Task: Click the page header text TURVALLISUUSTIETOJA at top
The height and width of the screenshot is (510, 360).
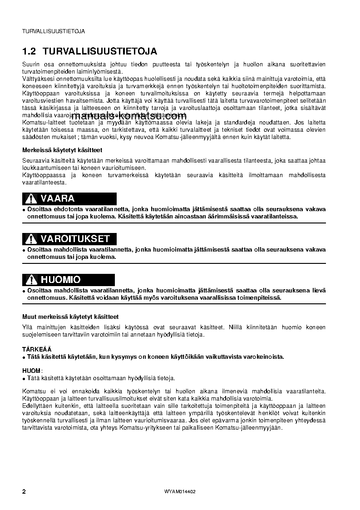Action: click(53, 31)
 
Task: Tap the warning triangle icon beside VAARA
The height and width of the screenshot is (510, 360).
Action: click(30, 199)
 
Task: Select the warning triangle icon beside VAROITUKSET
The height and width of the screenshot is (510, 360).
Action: click(30, 239)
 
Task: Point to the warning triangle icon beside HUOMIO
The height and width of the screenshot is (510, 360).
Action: click(30, 280)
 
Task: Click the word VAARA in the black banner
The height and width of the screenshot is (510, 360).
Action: click(58, 199)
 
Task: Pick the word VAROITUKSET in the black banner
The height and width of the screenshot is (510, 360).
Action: click(75, 239)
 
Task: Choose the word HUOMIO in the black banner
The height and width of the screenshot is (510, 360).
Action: click(61, 280)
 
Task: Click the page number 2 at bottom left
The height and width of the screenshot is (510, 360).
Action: click(24, 492)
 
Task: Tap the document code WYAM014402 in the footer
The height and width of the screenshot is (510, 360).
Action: click(180, 492)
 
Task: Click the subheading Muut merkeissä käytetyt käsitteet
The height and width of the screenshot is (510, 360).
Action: click(70, 317)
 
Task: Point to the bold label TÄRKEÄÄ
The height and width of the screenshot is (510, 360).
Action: click(37, 349)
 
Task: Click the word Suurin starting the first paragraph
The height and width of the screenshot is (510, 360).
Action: click(31, 64)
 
